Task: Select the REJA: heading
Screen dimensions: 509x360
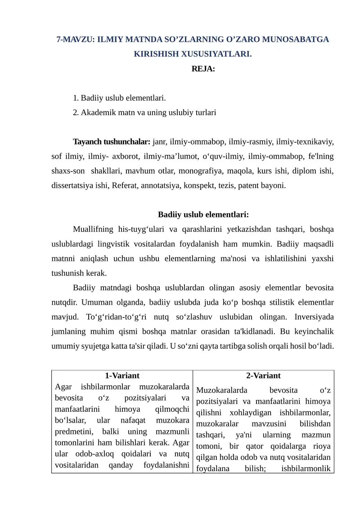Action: point(203,69)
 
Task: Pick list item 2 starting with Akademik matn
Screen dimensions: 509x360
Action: point(144,113)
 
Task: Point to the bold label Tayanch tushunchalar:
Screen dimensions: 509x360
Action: point(112,142)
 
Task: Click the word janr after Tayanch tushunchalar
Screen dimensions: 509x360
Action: point(161,142)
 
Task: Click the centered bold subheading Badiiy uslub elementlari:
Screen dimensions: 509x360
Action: point(203,215)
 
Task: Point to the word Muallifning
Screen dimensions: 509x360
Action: point(93,230)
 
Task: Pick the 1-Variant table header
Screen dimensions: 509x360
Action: point(122,375)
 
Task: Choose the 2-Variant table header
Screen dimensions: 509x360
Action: point(263,375)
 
